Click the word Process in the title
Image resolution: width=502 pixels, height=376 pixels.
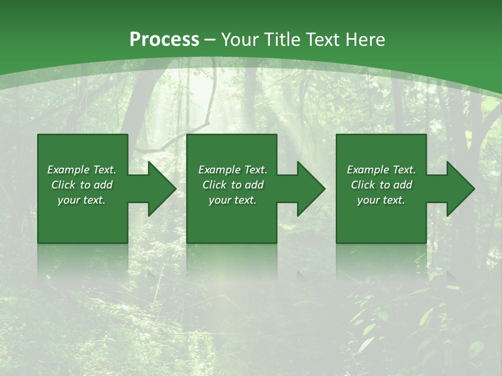coord(164,39)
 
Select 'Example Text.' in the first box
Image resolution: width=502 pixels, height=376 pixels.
coord(82,170)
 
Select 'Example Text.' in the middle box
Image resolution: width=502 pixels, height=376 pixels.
coord(233,170)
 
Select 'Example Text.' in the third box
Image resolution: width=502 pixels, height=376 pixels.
coord(381,170)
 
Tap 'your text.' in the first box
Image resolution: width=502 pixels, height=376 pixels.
coord(82,200)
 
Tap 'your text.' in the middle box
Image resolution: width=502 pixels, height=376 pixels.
coord(233,200)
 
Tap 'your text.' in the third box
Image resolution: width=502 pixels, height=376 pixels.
coord(381,200)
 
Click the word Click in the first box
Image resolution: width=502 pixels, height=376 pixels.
coord(64,185)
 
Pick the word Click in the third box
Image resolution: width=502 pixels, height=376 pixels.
coord(363,185)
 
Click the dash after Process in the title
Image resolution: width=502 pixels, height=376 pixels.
coord(210,40)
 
